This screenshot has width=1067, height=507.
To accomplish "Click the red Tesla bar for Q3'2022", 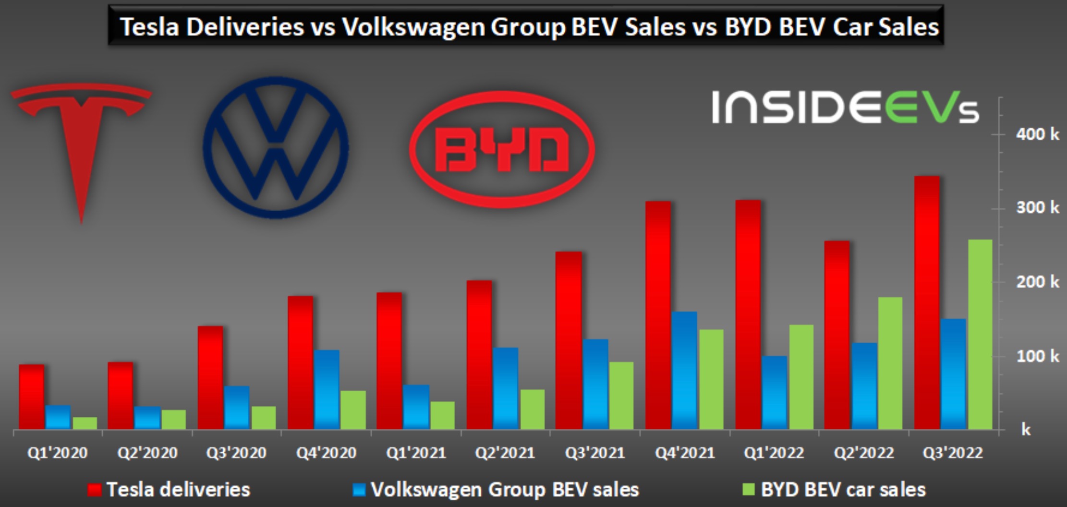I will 927,302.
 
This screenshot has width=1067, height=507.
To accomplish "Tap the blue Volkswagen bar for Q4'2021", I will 684,370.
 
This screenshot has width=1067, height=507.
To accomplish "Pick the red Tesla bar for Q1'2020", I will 32,397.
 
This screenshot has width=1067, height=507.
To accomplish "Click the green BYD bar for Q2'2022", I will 890,363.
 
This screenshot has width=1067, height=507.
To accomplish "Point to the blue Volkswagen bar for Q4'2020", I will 327,389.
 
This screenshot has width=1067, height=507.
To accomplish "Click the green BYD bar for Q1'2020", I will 85,423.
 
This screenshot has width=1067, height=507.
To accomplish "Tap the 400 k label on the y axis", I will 1037,134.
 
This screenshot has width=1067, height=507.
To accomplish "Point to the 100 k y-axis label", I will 1037,356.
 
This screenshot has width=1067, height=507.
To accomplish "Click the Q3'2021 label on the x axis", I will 595,453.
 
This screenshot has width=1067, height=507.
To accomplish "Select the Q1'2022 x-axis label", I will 774,453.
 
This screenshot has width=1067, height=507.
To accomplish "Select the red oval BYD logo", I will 502,149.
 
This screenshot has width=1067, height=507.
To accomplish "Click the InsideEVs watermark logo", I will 845,108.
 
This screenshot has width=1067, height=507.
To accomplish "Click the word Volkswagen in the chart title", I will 412,26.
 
